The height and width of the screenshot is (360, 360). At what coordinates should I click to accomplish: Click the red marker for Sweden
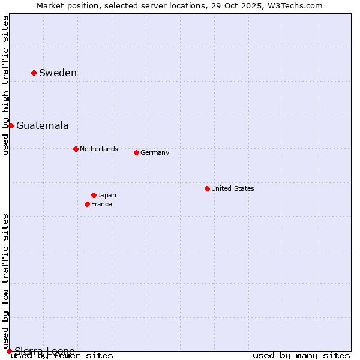click(34, 73)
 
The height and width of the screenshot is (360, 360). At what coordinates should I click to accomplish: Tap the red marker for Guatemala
click(11, 125)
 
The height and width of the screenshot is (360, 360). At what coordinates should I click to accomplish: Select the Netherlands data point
click(76, 149)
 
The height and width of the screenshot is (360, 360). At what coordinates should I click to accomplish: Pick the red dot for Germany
click(136, 152)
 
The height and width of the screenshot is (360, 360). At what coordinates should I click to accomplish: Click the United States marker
click(207, 188)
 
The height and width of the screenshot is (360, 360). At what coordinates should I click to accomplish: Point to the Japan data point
click(94, 195)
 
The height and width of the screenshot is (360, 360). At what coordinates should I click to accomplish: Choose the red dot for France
click(87, 204)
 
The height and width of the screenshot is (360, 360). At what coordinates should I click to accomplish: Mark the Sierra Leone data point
click(9, 351)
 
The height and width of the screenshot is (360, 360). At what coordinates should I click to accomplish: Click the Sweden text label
click(58, 73)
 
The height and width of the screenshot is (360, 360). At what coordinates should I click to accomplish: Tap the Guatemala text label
click(42, 126)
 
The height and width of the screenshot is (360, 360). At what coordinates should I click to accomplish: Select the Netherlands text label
click(99, 149)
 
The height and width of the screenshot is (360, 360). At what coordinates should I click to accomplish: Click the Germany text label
click(155, 152)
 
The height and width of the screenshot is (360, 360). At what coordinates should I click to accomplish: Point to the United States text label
click(233, 188)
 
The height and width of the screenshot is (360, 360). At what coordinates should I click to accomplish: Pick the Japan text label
click(107, 195)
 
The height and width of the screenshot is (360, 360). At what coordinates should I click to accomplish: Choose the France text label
click(101, 204)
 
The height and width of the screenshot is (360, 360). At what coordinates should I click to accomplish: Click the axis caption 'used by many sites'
click(301, 356)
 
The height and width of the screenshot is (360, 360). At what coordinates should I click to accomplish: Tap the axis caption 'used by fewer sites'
click(62, 356)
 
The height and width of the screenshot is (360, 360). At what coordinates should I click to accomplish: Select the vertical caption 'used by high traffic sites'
click(5, 85)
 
